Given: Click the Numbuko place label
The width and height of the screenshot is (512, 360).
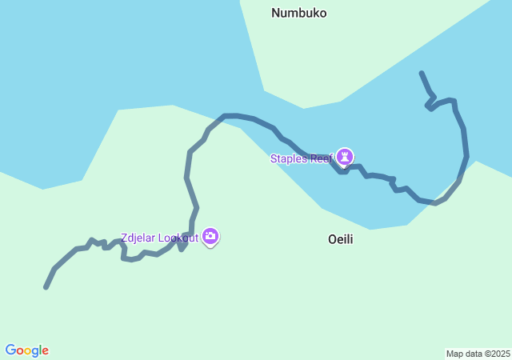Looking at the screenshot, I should pos(298,13).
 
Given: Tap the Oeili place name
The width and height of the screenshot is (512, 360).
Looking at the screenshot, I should pos(340,239).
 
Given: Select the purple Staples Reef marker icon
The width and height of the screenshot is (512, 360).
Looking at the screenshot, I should pos(345,155).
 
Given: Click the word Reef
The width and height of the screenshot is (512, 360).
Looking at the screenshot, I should pos(321,158).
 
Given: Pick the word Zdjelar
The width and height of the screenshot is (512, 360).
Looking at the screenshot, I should pos(137,238).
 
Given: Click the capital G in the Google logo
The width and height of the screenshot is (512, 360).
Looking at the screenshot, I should pos(10,350).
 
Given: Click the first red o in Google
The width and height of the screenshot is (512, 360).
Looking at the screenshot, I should pos(19,351).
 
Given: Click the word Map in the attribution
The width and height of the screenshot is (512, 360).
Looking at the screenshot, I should pos(454,354).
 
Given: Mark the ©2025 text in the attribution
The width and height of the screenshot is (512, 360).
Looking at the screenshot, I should pos(498,354).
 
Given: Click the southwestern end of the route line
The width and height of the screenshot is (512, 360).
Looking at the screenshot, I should pos(46,287).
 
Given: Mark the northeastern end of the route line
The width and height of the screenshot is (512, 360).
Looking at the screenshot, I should pos(421,73).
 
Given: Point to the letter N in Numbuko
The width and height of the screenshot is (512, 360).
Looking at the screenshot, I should pos(275,13).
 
